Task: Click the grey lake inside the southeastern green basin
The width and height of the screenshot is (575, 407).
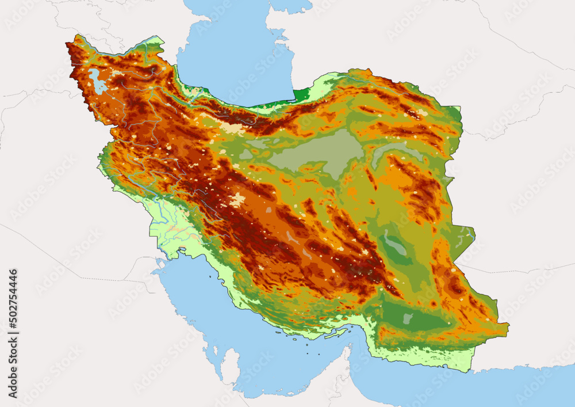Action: pyautogui.click(x=408, y=318)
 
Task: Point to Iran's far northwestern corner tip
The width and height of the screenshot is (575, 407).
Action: pyautogui.click(x=69, y=43)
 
